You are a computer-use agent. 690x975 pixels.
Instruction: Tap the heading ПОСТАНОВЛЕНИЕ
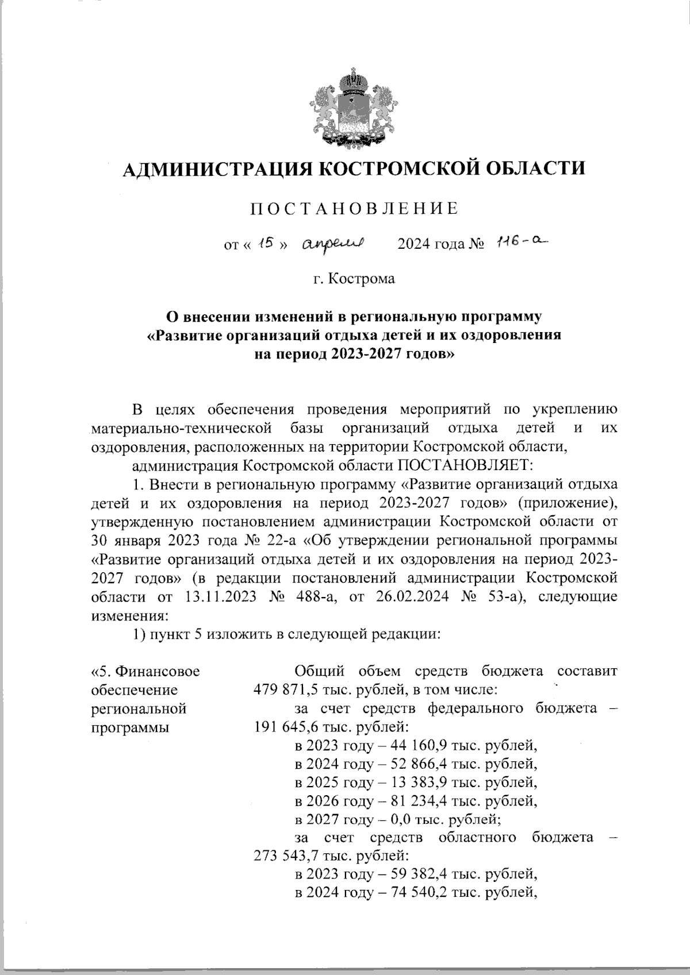(x=354, y=208)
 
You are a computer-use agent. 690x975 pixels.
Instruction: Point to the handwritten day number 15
(x=265, y=244)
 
